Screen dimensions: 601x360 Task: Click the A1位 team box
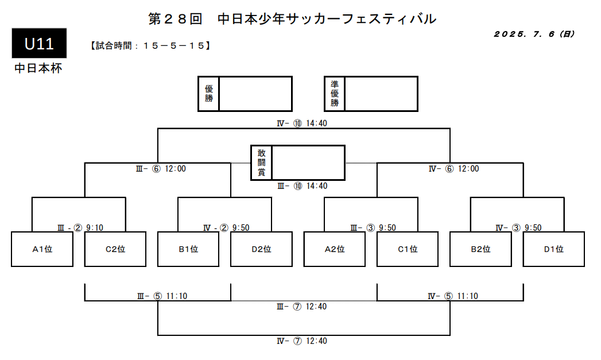42,249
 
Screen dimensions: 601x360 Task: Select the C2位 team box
115,249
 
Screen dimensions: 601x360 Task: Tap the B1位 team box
188,249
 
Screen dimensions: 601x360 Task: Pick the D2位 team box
261,249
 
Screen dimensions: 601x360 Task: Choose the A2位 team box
335,249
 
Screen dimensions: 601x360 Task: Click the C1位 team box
408,249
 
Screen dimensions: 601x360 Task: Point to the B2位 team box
480,249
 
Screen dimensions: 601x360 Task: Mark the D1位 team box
554,249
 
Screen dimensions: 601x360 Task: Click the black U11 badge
39,43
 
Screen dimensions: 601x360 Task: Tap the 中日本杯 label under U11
38,69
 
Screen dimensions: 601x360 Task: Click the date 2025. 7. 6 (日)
534,34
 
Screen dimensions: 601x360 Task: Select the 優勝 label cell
208,94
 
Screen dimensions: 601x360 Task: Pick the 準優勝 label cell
335,94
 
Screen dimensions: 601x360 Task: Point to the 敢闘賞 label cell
261,162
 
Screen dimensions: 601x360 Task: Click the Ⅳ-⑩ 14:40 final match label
302,123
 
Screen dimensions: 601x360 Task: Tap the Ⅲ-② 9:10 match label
80,228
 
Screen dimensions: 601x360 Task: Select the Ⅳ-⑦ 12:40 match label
302,341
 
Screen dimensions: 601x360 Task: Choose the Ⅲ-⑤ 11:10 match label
162,296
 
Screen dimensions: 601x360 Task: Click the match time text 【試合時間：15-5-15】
150,46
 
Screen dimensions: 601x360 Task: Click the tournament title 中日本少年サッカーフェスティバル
327,19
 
